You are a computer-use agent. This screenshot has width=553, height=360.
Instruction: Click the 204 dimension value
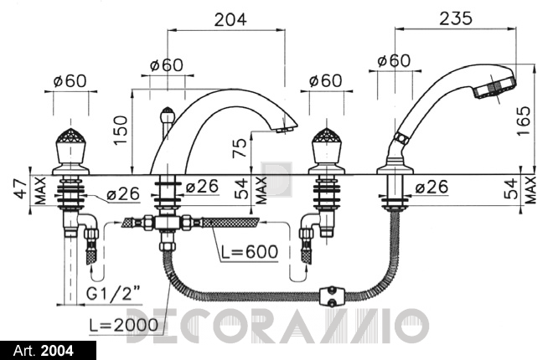[230, 19]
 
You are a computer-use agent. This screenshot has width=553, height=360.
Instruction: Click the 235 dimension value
[455, 18]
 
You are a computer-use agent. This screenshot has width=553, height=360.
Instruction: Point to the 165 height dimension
[524, 121]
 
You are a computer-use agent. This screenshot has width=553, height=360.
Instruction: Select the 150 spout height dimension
[121, 129]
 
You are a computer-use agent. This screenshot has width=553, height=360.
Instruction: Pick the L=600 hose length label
[250, 251]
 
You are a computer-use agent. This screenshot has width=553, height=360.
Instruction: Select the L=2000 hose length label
[123, 325]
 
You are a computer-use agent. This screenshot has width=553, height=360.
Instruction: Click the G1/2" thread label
[113, 293]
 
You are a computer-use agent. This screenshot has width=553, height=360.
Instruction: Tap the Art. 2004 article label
[44, 351]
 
